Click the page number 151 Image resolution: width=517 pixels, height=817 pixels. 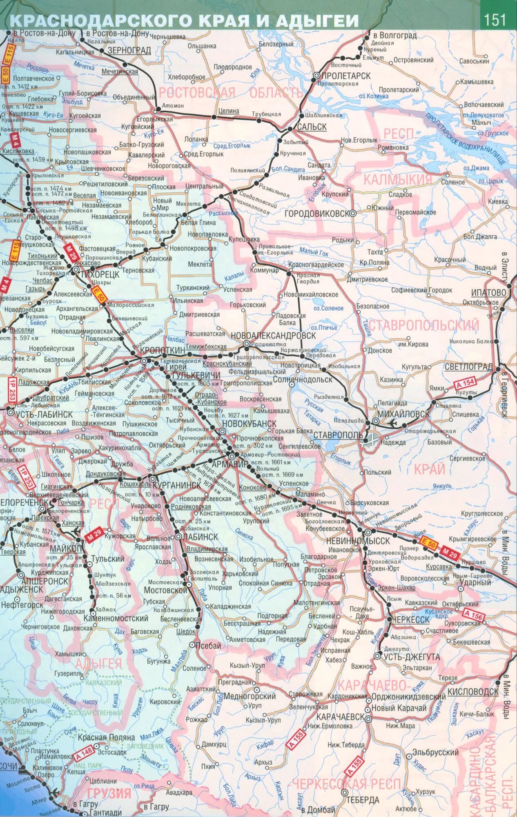[x=495, y=20]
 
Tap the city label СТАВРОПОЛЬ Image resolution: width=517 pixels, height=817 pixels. [x=338, y=435]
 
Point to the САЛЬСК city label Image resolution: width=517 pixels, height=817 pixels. [x=312, y=127]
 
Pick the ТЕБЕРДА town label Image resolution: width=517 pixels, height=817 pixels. [x=363, y=800]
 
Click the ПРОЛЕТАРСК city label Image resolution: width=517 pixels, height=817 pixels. [x=346, y=76]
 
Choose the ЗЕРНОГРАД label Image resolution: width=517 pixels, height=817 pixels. [x=129, y=50]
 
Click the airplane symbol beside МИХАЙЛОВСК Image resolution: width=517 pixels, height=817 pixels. [x=393, y=422]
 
